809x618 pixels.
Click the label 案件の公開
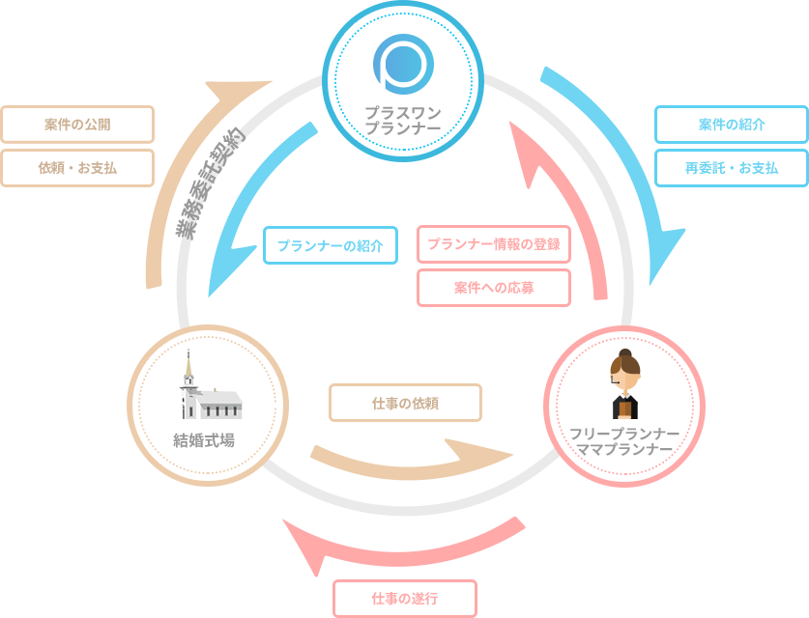point(77,125)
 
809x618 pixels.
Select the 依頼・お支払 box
point(77,168)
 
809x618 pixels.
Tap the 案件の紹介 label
point(732,125)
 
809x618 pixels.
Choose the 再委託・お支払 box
point(732,168)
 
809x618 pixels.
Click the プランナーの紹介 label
point(331,245)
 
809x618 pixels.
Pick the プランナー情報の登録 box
point(494,244)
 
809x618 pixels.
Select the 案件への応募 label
point(494,288)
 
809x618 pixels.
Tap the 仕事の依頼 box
point(405,403)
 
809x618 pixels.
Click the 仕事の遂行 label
point(405,599)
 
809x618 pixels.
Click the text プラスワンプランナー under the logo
point(402,120)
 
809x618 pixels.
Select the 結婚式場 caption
point(204,441)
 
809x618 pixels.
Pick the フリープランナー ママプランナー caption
point(624,441)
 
